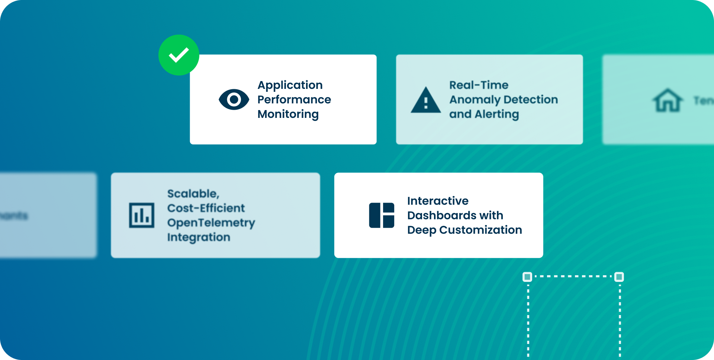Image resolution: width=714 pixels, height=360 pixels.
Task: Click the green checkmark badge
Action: tap(179, 55)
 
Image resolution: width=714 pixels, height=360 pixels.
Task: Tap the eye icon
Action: tap(234, 99)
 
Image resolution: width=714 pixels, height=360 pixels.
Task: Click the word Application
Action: tap(290, 85)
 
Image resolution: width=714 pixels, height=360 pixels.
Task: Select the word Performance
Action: tap(294, 100)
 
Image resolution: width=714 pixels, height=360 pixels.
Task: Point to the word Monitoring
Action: tap(288, 114)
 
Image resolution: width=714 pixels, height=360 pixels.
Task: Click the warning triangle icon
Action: tap(426, 100)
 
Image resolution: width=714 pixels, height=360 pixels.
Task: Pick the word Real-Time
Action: tap(479, 85)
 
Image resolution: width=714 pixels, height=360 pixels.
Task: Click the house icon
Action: tap(668, 100)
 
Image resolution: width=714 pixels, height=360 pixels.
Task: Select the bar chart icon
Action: tap(142, 215)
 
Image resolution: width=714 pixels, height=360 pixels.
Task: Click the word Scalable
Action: tap(193, 194)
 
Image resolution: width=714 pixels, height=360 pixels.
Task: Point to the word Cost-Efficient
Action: tap(206, 208)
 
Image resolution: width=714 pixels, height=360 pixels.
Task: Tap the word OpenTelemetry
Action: tap(211, 223)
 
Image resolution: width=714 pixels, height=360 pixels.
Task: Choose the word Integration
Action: tap(199, 237)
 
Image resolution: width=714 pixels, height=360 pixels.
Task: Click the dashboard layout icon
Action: tap(382, 215)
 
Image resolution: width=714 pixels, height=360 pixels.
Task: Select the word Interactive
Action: tap(438, 201)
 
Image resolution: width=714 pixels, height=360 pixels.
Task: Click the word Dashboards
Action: tap(442, 215)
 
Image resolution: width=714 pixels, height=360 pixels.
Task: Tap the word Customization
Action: tap(480, 230)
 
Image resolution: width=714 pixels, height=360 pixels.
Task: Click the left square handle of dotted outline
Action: tap(527, 277)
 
